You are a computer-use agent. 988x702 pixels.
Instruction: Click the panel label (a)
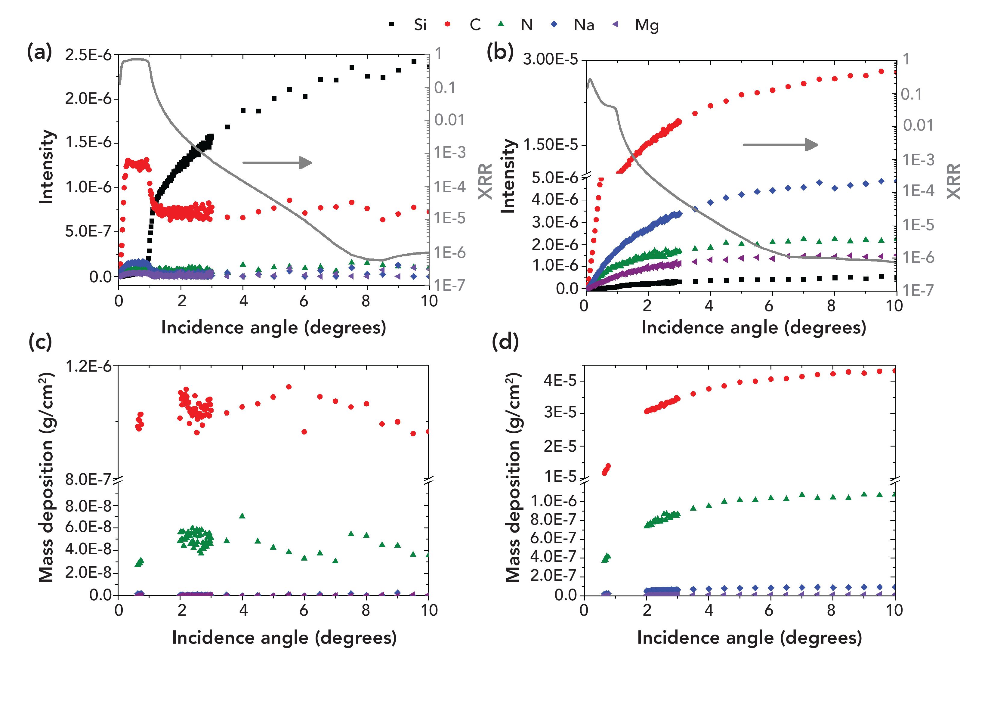[39, 52]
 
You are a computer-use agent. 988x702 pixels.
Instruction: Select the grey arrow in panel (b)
[780, 145]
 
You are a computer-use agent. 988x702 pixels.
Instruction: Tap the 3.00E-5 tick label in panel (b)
[550, 59]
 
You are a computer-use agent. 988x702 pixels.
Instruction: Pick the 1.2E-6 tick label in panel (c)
[88, 366]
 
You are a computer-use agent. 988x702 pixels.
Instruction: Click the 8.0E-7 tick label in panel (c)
[88, 479]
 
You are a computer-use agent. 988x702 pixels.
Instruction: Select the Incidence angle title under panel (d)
[749, 638]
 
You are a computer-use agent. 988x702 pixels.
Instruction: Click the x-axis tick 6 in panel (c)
[304, 610]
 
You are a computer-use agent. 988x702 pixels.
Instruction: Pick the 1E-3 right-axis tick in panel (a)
[449, 152]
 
